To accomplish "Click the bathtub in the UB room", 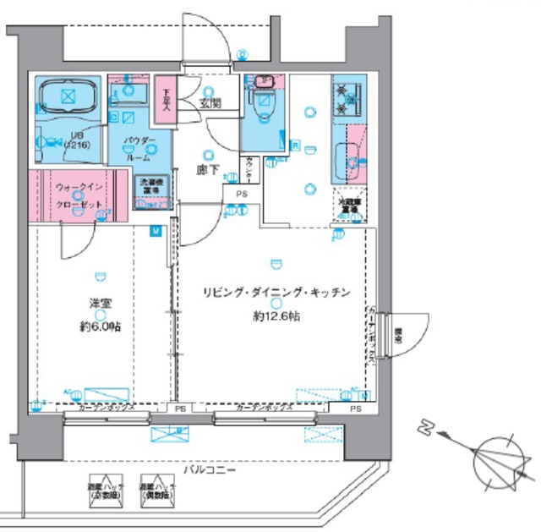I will click(67, 96).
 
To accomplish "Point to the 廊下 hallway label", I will click(208, 170).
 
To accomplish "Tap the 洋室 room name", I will click(101, 305).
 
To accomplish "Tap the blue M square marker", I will click(156, 230).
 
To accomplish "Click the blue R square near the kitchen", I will click(296, 145).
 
